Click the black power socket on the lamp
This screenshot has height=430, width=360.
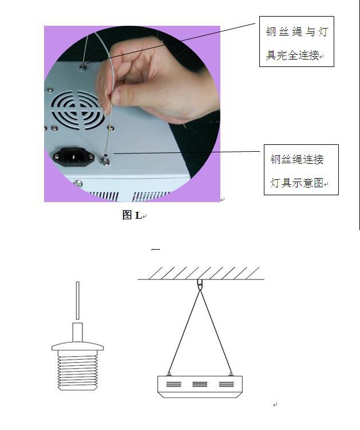pos(73,157)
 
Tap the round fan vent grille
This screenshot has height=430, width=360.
pos(77,110)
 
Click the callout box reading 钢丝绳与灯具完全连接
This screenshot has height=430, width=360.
pos(296,41)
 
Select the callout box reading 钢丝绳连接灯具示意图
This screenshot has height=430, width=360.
pos(301,169)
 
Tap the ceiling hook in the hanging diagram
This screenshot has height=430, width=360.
pos(200,285)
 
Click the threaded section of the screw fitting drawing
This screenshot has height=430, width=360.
pos(78,370)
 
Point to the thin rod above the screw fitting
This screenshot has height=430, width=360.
pos(78,301)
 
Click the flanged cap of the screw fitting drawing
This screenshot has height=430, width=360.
pos(78,346)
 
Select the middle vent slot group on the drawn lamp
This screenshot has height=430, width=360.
pos(200,384)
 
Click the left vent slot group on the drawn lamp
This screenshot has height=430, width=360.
pos(173,384)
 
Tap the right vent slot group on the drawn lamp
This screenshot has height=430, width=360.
pos(227,384)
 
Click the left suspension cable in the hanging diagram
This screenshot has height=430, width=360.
pos(184,331)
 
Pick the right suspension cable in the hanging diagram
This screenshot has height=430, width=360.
pos(216,331)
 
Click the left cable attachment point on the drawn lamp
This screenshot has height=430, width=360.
pos(169,374)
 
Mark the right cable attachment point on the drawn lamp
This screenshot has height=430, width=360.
pos(231,374)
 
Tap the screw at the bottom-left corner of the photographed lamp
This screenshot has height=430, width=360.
pos(78,183)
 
